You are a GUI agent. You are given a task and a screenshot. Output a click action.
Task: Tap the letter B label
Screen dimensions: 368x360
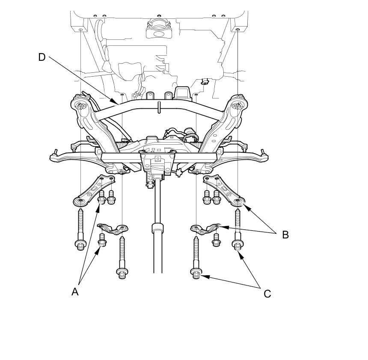pos(285,235)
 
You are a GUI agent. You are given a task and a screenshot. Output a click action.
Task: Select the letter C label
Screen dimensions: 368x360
pos(267,294)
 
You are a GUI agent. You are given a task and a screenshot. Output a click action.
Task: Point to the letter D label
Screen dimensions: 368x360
pos(42,57)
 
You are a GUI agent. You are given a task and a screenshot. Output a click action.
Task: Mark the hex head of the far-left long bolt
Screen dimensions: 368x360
pos(80,245)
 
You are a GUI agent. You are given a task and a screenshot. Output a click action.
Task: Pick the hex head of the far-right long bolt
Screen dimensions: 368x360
pos(237,245)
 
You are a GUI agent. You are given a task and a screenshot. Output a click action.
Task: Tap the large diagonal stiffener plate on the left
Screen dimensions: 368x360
pos(92,188)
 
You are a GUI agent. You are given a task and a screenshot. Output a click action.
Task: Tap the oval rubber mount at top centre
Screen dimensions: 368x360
pos(158,31)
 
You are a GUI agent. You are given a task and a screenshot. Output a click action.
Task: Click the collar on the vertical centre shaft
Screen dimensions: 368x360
pos(158,227)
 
